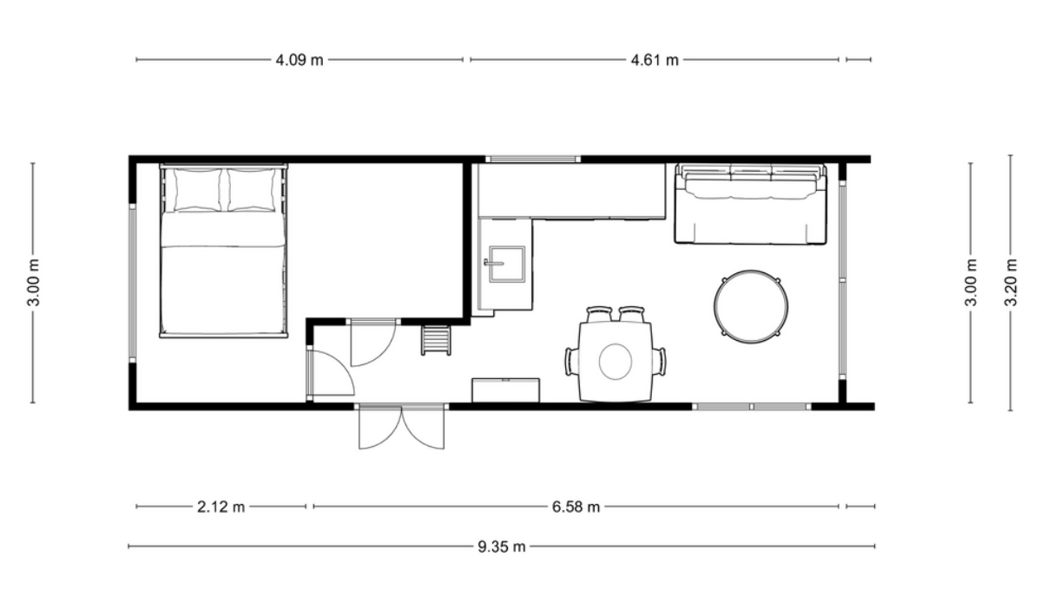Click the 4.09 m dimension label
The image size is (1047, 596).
pyautogui.click(x=300, y=60)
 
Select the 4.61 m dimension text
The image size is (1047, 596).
pyautogui.click(x=655, y=60)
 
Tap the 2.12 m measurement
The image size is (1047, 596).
pyautogui.click(x=221, y=507)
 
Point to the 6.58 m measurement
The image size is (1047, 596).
pyautogui.click(x=576, y=507)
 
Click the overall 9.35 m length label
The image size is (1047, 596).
pyautogui.click(x=502, y=547)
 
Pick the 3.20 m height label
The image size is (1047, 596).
pyautogui.click(x=1011, y=283)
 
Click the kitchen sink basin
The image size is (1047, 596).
pyautogui.click(x=507, y=265)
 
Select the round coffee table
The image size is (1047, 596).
pyautogui.click(x=751, y=306)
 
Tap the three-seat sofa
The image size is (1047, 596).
pyautogui.click(x=750, y=204)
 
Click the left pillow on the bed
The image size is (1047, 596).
pyautogui.click(x=198, y=190)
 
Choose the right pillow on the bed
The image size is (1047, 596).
pyautogui.click(x=252, y=190)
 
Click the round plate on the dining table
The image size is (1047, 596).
pyautogui.click(x=616, y=361)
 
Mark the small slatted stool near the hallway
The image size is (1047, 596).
pyautogui.click(x=436, y=339)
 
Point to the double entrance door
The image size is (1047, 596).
pyautogui.click(x=401, y=427)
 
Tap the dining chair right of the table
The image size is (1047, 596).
pyautogui.click(x=659, y=361)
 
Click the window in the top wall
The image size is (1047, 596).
pyautogui.click(x=533, y=160)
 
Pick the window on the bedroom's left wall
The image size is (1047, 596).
pyautogui.click(x=132, y=283)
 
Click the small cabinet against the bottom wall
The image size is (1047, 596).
pyautogui.click(x=506, y=390)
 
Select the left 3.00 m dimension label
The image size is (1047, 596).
pyautogui.click(x=34, y=283)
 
